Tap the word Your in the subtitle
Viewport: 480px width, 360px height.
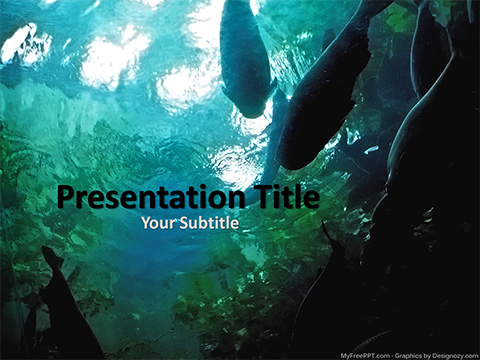[158, 224]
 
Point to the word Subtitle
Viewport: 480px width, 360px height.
[209, 224]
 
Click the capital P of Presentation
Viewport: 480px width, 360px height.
[67, 197]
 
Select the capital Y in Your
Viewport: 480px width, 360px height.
[146, 224]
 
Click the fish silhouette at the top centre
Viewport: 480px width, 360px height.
[245, 60]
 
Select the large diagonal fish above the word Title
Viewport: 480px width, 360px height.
[325, 95]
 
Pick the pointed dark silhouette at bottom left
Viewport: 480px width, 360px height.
[65, 310]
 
